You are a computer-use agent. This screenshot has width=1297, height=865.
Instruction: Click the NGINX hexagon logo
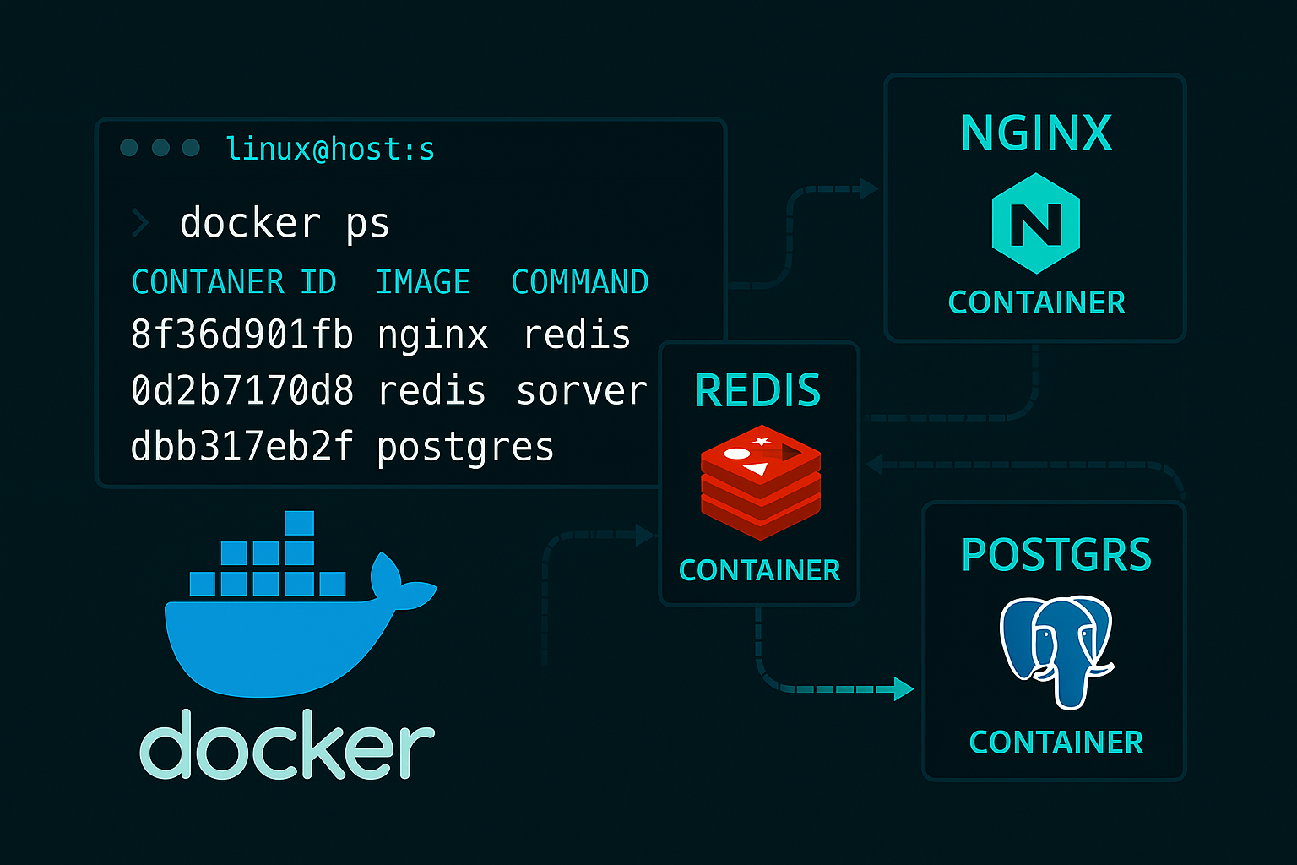(x=1035, y=224)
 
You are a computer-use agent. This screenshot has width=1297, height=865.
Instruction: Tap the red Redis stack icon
(x=760, y=481)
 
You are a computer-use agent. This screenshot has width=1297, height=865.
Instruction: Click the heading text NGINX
(x=1036, y=133)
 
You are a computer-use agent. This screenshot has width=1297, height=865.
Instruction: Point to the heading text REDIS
(x=757, y=390)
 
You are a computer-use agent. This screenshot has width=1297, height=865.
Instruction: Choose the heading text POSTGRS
(x=1056, y=555)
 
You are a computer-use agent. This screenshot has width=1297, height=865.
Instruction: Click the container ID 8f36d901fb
(x=241, y=335)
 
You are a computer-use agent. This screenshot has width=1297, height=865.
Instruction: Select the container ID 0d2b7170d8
(x=241, y=390)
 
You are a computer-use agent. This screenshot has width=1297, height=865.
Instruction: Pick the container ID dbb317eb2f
(x=241, y=446)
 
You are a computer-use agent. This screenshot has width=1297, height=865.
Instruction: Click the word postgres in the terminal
(x=465, y=448)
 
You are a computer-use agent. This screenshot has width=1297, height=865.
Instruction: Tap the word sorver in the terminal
(x=581, y=391)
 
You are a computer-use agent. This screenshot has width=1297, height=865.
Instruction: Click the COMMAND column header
(x=579, y=282)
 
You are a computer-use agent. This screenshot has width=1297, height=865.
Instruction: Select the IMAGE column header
(x=422, y=282)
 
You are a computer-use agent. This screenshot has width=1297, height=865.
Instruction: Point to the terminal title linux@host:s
(x=330, y=150)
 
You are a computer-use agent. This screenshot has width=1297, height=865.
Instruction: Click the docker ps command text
(x=284, y=224)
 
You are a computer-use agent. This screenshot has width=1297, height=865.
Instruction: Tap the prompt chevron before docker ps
(x=140, y=224)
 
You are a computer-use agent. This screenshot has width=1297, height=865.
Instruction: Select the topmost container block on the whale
(x=299, y=523)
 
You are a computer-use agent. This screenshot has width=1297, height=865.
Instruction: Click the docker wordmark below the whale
(x=286, y=745)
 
